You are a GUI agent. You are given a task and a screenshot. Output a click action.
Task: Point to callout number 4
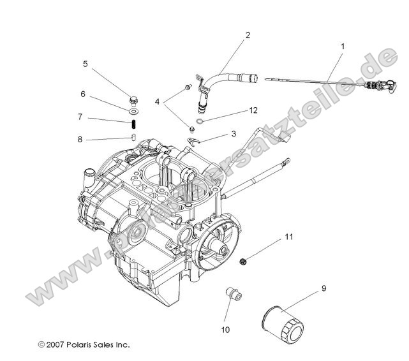click(157, 101)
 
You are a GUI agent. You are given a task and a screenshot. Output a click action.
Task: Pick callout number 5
click(85, 64)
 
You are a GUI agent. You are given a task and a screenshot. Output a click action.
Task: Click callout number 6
click(83, 94)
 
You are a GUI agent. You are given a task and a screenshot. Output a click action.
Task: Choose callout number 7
click(80, 117)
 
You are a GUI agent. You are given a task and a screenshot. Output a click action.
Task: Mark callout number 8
click(80, 140)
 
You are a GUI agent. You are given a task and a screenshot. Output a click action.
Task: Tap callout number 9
click(323, 288)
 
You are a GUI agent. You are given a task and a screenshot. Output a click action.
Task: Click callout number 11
click(288, 238)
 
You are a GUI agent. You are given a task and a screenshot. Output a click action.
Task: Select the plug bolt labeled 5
click(134, 100)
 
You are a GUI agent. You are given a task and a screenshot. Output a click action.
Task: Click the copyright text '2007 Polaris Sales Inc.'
click(84, 344)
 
